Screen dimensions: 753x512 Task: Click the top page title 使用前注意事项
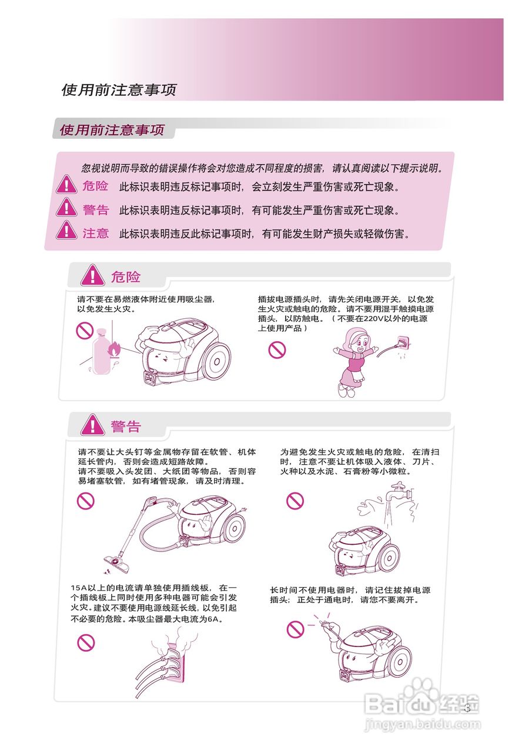119,90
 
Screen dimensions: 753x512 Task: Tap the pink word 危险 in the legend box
95,186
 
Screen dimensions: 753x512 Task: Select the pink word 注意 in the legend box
95,234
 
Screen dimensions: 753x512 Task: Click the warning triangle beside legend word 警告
67,208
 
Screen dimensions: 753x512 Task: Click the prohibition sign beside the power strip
86,642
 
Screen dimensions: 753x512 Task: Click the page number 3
467,708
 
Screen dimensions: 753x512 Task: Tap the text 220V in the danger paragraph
373,318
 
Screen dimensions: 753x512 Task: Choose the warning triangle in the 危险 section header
92,276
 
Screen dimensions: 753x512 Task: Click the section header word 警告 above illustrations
126,426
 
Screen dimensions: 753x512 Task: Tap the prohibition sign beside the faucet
295,501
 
